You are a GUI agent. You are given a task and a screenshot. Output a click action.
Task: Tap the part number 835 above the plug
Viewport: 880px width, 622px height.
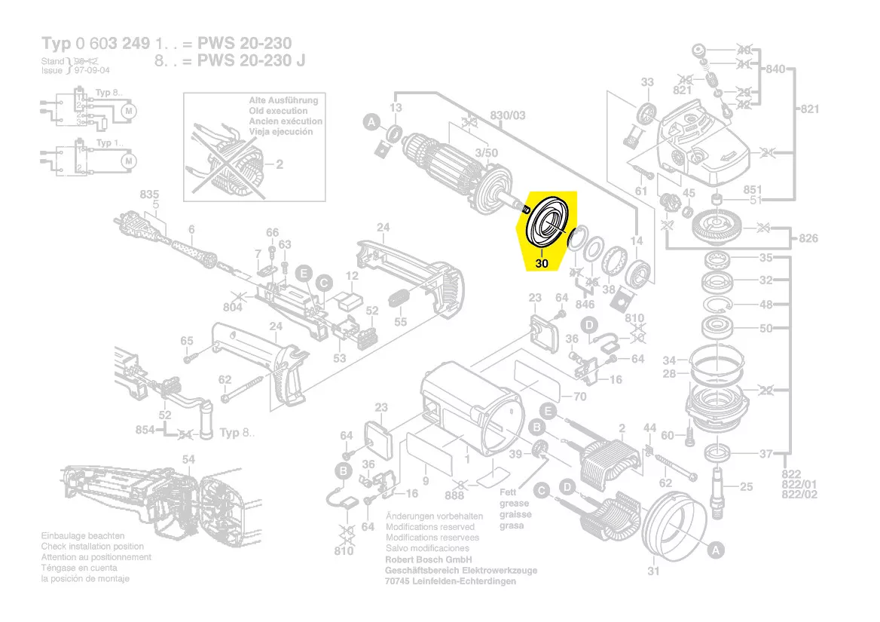click(x=150, y=195)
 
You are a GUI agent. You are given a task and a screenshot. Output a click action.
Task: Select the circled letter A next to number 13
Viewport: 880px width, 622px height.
click(x=371, y=121)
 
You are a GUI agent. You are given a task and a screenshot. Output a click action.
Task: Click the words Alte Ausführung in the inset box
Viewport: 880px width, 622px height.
click(x=283, y=100)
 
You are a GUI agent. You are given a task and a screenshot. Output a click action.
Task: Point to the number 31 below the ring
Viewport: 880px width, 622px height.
click(x=653, y=571)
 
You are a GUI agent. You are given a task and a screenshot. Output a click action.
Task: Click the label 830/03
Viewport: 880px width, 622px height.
click(x=508, y=115)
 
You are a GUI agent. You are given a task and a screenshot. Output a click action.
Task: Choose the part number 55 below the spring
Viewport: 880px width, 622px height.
click(x=400, y=322)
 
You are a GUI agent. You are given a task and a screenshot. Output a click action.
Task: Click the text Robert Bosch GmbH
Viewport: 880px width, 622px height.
click(x=428, y=560)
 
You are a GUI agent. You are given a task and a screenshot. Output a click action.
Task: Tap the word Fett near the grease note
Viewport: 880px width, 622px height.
click(x=509, y=492)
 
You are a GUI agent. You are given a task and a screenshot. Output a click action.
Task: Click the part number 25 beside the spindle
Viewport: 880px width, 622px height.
click(x=745, y=487)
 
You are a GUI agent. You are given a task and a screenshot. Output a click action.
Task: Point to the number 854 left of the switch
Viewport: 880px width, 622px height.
click(x=145, y=430)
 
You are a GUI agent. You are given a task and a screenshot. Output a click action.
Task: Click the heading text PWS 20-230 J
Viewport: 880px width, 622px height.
click(x=252, y=60)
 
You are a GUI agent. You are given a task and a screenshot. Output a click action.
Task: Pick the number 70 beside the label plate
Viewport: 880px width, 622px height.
click(x=579, y=397)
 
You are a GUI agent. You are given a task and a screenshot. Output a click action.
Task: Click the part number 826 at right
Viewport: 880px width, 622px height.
click(x=808, y=239)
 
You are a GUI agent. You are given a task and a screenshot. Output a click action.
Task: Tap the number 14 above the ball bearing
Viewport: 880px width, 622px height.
click(x=637, y=241)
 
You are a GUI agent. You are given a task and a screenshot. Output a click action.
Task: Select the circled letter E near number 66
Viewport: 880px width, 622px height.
click(x=303, y=273)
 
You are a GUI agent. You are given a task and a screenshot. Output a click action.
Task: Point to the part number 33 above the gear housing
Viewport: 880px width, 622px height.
click(x=647, y=82)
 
